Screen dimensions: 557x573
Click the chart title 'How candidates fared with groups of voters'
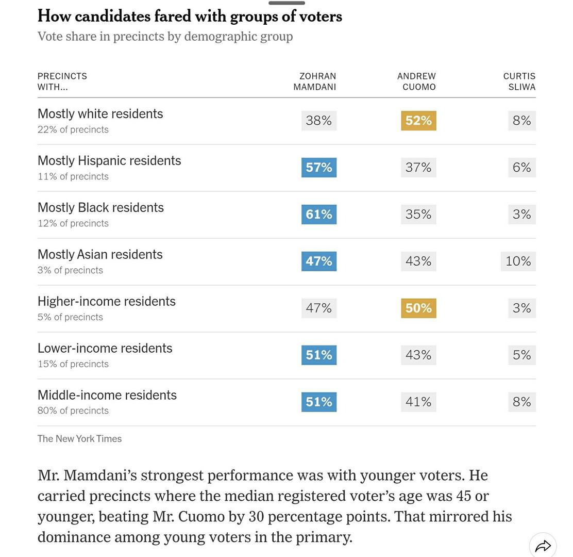190,16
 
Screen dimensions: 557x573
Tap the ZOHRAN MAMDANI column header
315,81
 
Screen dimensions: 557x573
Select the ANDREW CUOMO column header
416,81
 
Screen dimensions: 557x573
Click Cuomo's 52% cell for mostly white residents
418,121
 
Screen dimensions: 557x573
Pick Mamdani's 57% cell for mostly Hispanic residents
319,168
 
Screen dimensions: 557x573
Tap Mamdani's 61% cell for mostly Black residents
319,215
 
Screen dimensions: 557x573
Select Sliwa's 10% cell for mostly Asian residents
518,261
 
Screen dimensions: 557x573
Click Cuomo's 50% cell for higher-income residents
418,308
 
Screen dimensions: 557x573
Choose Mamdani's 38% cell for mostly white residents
319,121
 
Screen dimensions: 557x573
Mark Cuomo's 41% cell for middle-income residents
418,402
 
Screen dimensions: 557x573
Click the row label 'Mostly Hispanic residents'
109,161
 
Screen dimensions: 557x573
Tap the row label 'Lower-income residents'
105,348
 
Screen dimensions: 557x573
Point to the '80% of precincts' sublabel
73,411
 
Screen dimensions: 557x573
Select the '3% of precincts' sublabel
70,270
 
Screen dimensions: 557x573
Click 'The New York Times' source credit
79,439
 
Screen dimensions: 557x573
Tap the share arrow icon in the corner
543,546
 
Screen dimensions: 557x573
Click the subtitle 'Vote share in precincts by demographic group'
165,37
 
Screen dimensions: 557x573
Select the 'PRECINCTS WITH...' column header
62,81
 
